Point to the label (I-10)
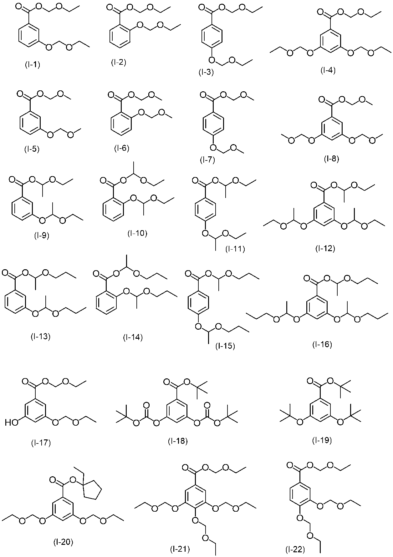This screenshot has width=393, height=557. [137, 233]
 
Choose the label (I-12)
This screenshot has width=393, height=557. [325, 249]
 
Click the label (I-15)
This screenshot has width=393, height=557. [225, 346]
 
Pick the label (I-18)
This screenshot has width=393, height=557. [178, 441]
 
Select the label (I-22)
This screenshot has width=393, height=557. [295, 549]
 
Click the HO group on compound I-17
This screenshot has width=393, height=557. [12, 423]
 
